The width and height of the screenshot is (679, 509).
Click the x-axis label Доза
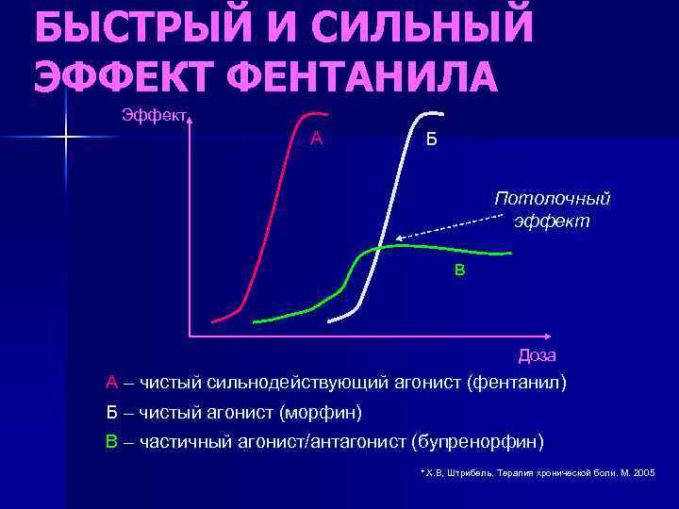(x=538, y=355)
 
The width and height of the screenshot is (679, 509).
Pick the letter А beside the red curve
(x=317, y=139)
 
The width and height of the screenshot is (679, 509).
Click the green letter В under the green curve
(x=460, y=271)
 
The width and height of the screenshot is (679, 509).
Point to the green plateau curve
(x=443, y=250)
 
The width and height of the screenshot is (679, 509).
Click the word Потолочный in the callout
(x=553, y=199)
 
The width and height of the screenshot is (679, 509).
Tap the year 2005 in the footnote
(x=645, y=471)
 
